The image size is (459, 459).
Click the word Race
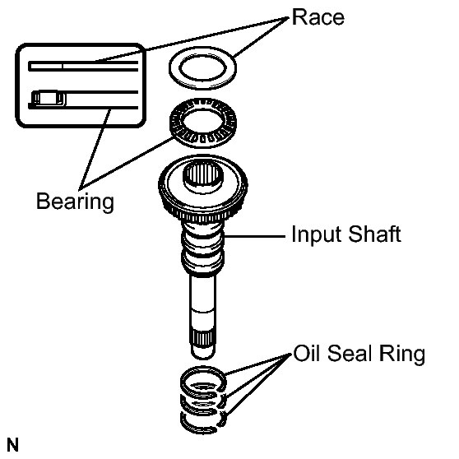coord(318,17)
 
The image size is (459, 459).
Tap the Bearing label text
coord(75,202)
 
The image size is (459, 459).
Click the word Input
coord(316,234)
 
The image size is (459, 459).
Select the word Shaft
coord(375,234)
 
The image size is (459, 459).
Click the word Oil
coord(307,354)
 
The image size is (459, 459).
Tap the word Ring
coord(401,355)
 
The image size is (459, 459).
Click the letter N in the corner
coord(12,445)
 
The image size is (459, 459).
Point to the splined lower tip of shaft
coord(203,339)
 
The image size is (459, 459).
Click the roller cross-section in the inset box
coord(49,98)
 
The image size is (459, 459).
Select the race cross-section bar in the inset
coord(83,66)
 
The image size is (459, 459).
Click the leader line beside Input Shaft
coord(255,235)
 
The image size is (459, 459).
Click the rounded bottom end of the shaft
coord(203,353)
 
